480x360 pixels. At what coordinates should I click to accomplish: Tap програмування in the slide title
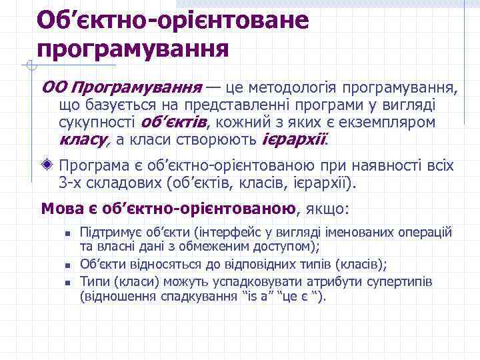[x=133, y=49]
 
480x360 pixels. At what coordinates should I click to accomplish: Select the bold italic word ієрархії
[x=294, y=139]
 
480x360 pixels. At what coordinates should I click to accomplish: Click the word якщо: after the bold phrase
[x=327, y=208]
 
